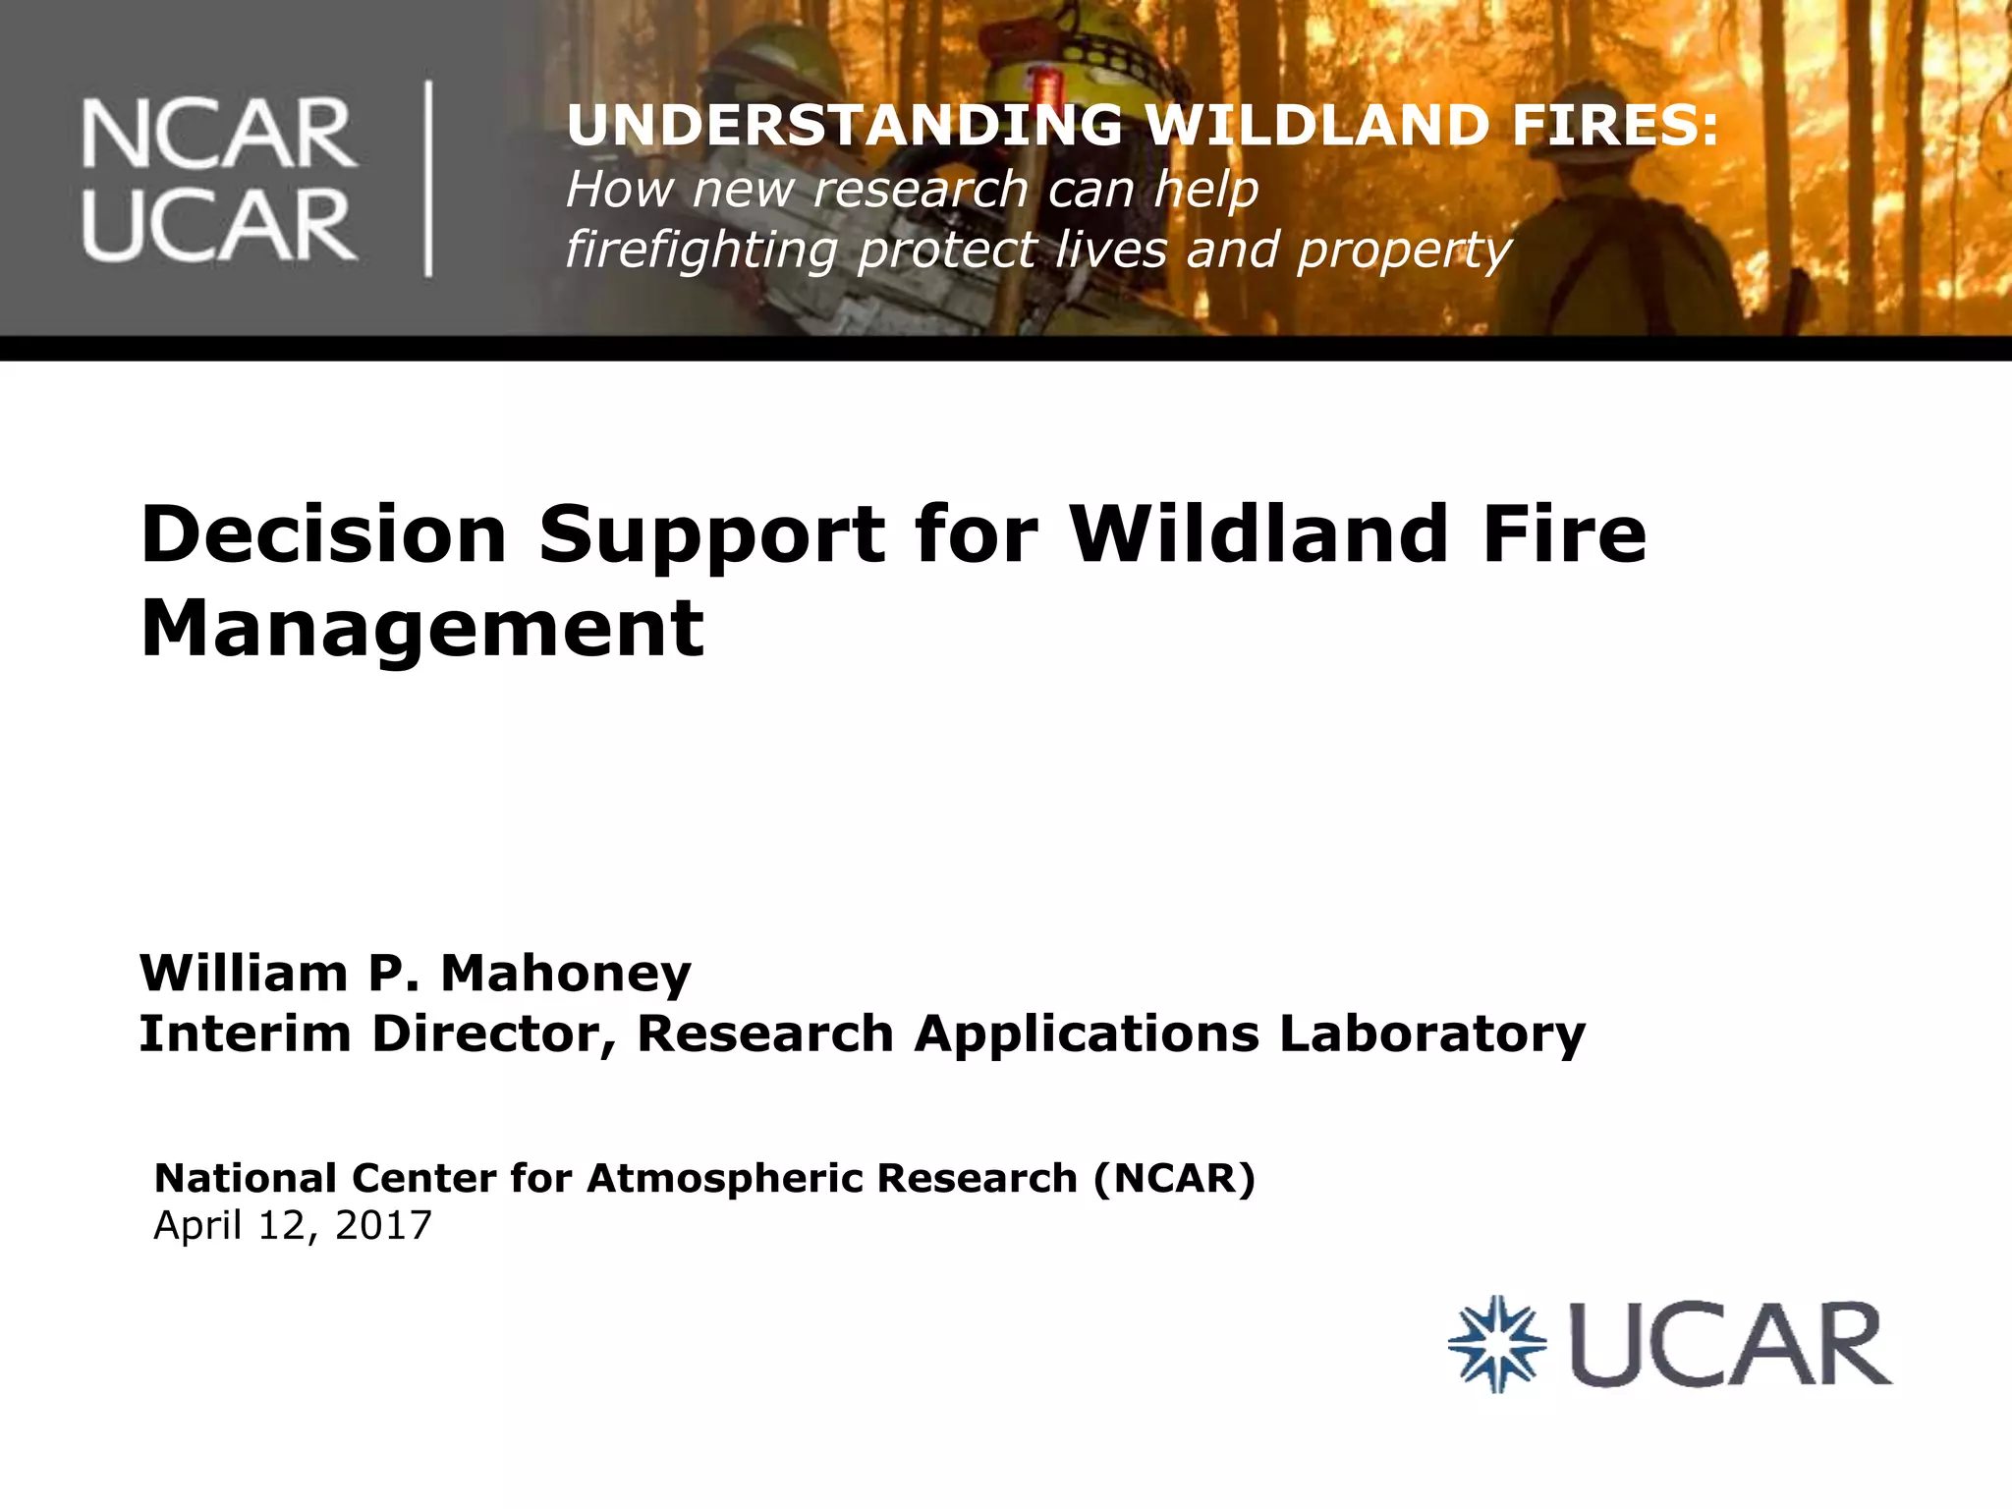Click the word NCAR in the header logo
[219, 135]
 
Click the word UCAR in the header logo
[219, 225]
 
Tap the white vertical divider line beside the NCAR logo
[428, 179]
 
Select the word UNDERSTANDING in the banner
[844, 127]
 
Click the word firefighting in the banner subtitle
[701, 251]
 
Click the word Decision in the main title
[323, 534]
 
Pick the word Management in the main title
[422, 630]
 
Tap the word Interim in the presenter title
[245, 1034]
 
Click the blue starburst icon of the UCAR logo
[1497, 1344]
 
